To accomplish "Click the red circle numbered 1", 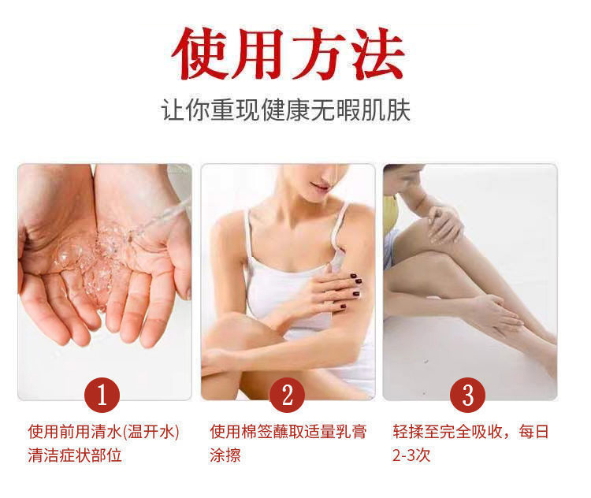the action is click(x=102, y=395).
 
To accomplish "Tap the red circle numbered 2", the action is click(x=287, y=395).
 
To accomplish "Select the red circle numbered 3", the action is click(x=468, y=395).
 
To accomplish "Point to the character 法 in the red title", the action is click(x=377, y=54).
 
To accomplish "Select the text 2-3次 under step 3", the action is click(x=411, y=455).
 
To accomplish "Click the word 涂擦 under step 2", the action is click(x=225, y=455).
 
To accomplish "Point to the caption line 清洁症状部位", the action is click(x=75, y=455).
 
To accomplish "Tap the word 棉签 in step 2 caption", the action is click(x=256, y=432).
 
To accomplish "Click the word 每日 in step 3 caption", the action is click(x=533, y=432).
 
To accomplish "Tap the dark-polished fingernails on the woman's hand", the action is click(x=353, y=290).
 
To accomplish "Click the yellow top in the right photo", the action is click(x=391, y=213).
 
